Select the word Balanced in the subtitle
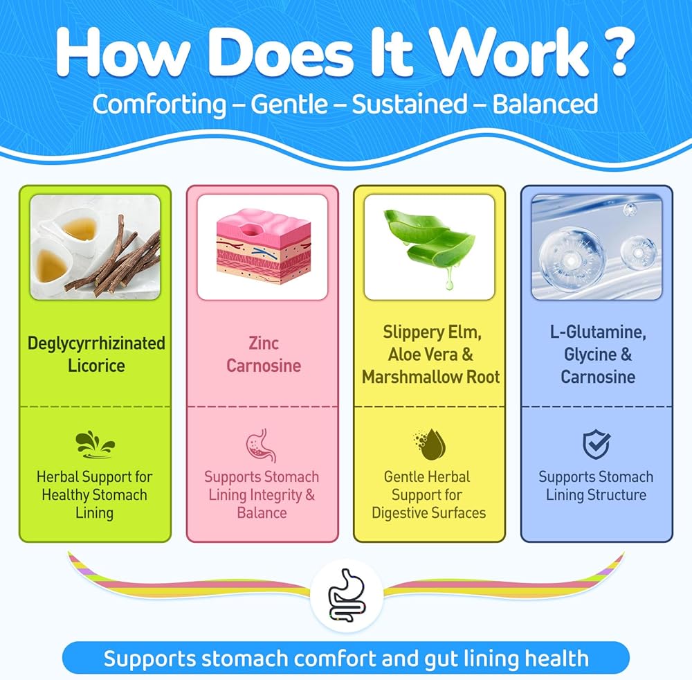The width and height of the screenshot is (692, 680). click(x=545, y=105)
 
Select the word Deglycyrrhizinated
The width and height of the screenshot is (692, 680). click(x=96, y=343)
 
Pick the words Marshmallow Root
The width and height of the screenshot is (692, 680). click(x=430, y=377)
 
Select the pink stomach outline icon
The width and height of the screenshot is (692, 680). click(x=262, y=445)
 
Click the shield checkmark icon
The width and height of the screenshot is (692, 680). click(x=596, y=445)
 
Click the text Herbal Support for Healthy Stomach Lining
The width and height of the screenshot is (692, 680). click(x=95, y=495)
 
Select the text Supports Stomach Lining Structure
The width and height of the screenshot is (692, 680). click(x=596, y=486)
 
